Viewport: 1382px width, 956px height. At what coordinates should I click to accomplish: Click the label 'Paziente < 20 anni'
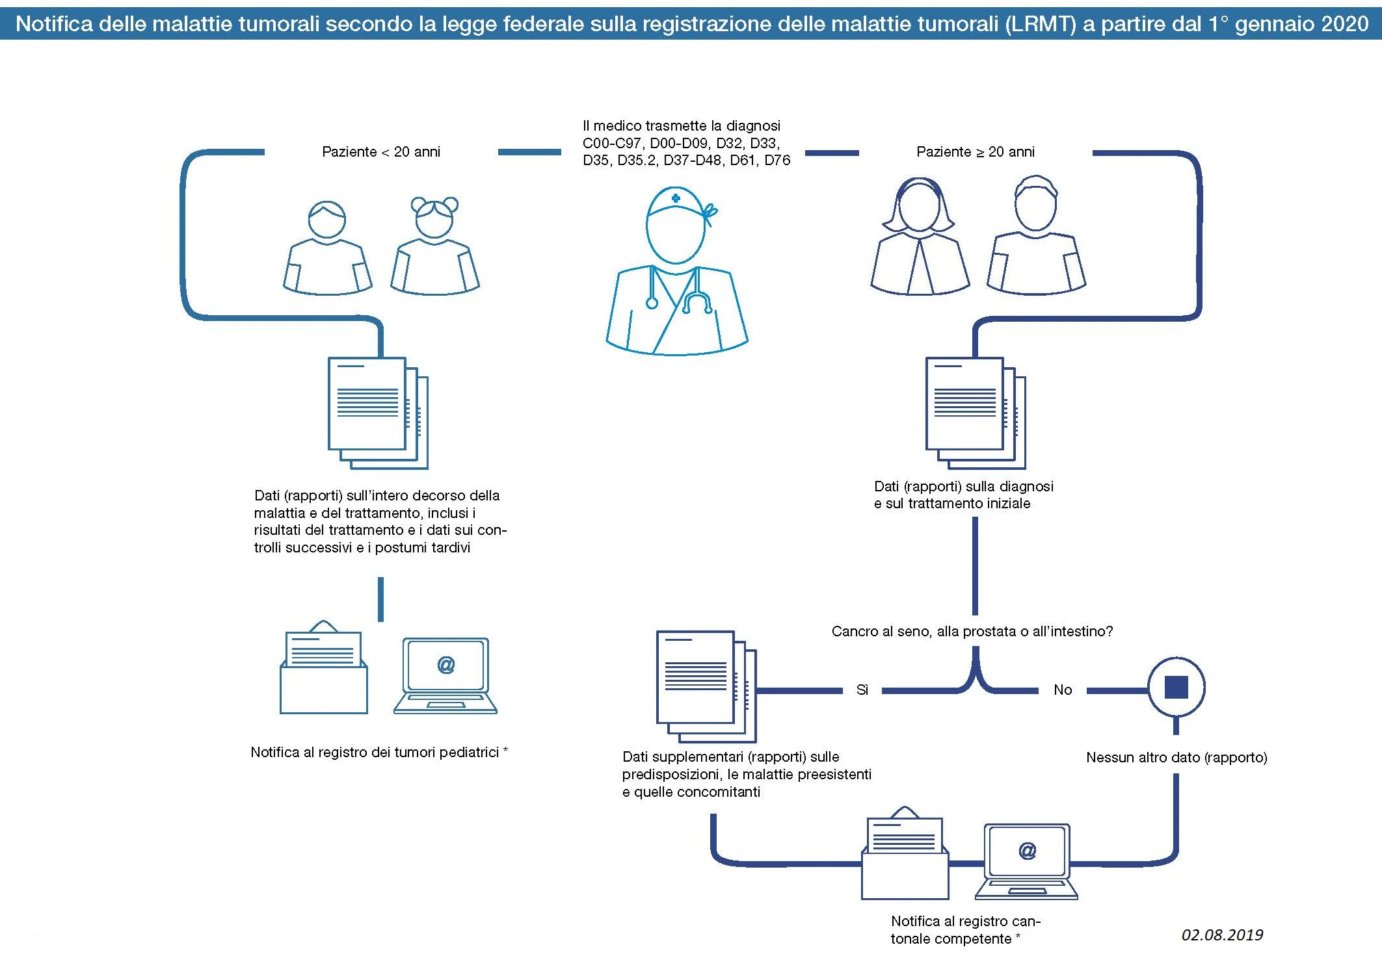click(x=381, y=152)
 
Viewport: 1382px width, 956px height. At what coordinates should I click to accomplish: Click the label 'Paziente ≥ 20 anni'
click(x=975, y=152)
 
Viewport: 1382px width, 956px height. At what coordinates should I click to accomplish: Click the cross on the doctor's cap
click(x=676, y=198)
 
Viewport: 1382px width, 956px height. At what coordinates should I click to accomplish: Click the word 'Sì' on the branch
click(x=862, y=690)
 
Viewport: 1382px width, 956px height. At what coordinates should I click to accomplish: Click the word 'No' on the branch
click(x=1063, y=690)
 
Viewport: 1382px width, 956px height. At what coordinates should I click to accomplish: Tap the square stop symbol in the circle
click(x=1176, y=687)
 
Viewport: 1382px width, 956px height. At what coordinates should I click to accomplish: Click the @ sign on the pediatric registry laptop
click(x=445, y=665)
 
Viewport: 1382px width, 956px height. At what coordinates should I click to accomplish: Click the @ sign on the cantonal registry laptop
click(x=1027, y=851)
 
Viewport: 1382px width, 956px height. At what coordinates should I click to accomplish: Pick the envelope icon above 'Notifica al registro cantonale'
click(x=905, y=854)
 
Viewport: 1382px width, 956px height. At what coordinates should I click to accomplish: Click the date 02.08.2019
click(x=1222, y=935)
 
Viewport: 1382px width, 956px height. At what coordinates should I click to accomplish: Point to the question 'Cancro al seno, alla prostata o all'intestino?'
click(x=972, y=632)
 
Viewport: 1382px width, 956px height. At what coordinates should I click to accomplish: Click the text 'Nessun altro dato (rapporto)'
click(x=1176, y=758)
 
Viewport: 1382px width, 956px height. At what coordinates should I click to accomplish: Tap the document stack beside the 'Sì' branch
click(x=706, y=686)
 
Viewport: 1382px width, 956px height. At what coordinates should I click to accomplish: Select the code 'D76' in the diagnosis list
click(x=777, y=161)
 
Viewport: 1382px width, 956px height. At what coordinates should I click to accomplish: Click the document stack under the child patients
click(x=377, y=413)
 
